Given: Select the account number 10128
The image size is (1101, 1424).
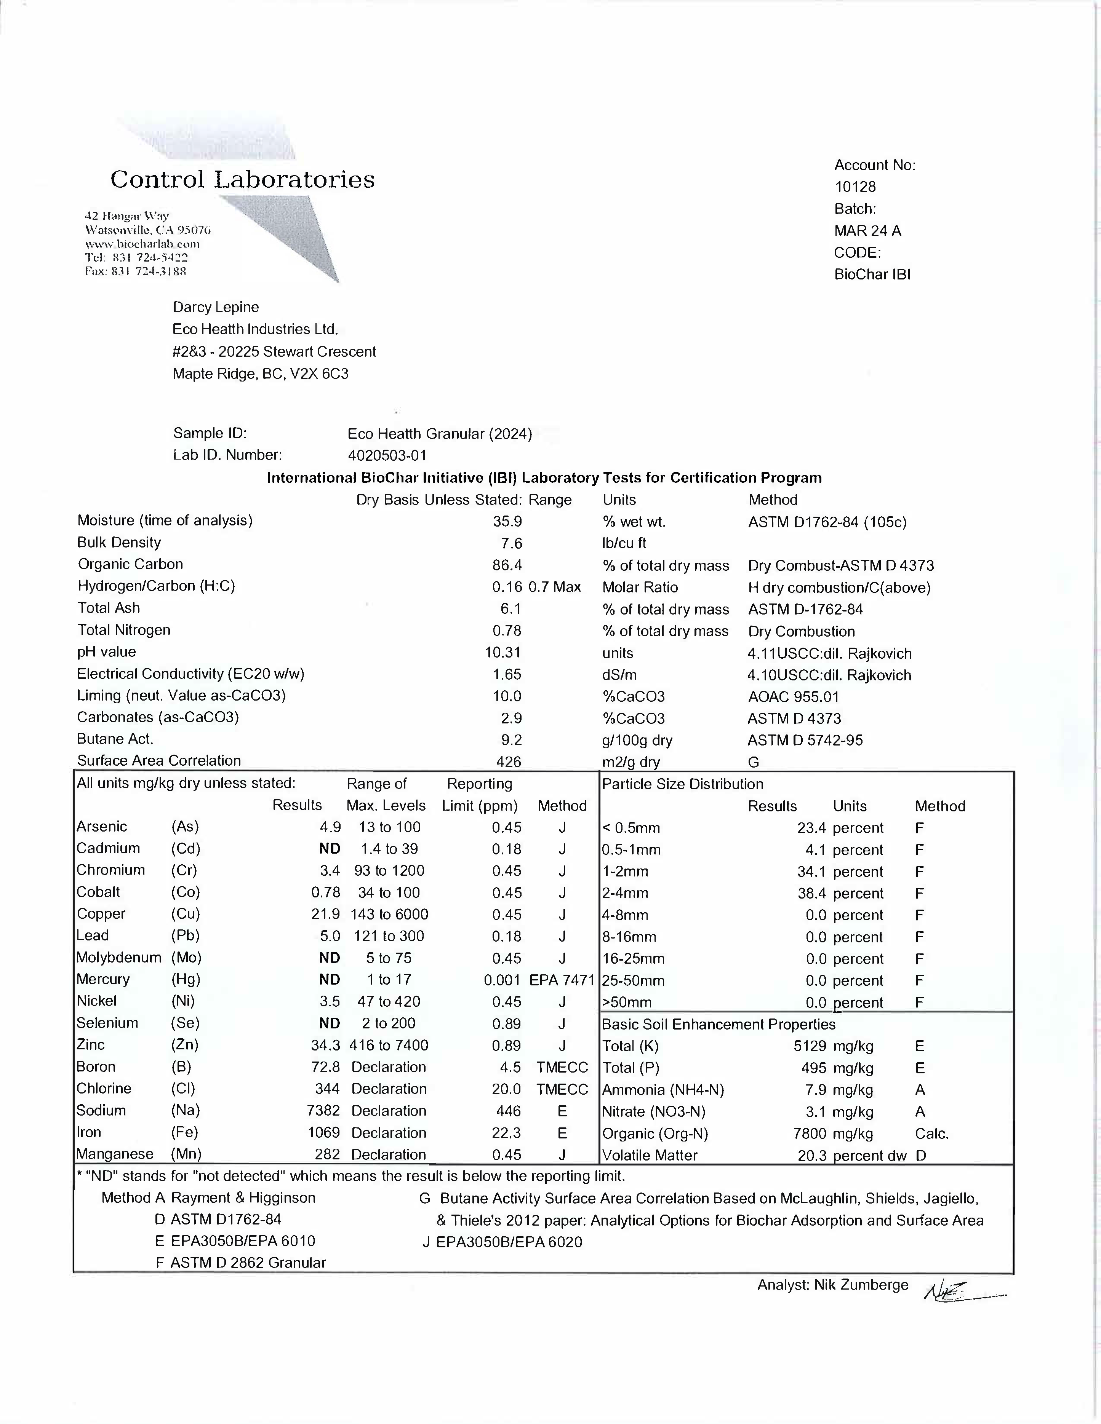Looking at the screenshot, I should pyautogui.click(x=855, y=187).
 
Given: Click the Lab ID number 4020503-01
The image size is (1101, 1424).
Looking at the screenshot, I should pyautogui.click(x=387, y=455).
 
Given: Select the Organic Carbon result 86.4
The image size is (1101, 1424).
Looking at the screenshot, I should pyautogui.click(x=507, y=565).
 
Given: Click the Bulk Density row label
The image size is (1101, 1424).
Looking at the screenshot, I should pyautogui.click(x=119, y=543).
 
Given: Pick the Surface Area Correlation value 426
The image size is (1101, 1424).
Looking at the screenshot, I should pyautogui.click(x=509, y=761).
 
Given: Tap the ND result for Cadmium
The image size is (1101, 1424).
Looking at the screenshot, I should pyautogui.click(x=330, y=848).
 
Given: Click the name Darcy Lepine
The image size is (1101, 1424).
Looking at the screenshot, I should pyautogui.click(x=215, y=307).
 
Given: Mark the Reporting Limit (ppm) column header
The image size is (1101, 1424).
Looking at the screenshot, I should pyautogui.click(x=480, y=794).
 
